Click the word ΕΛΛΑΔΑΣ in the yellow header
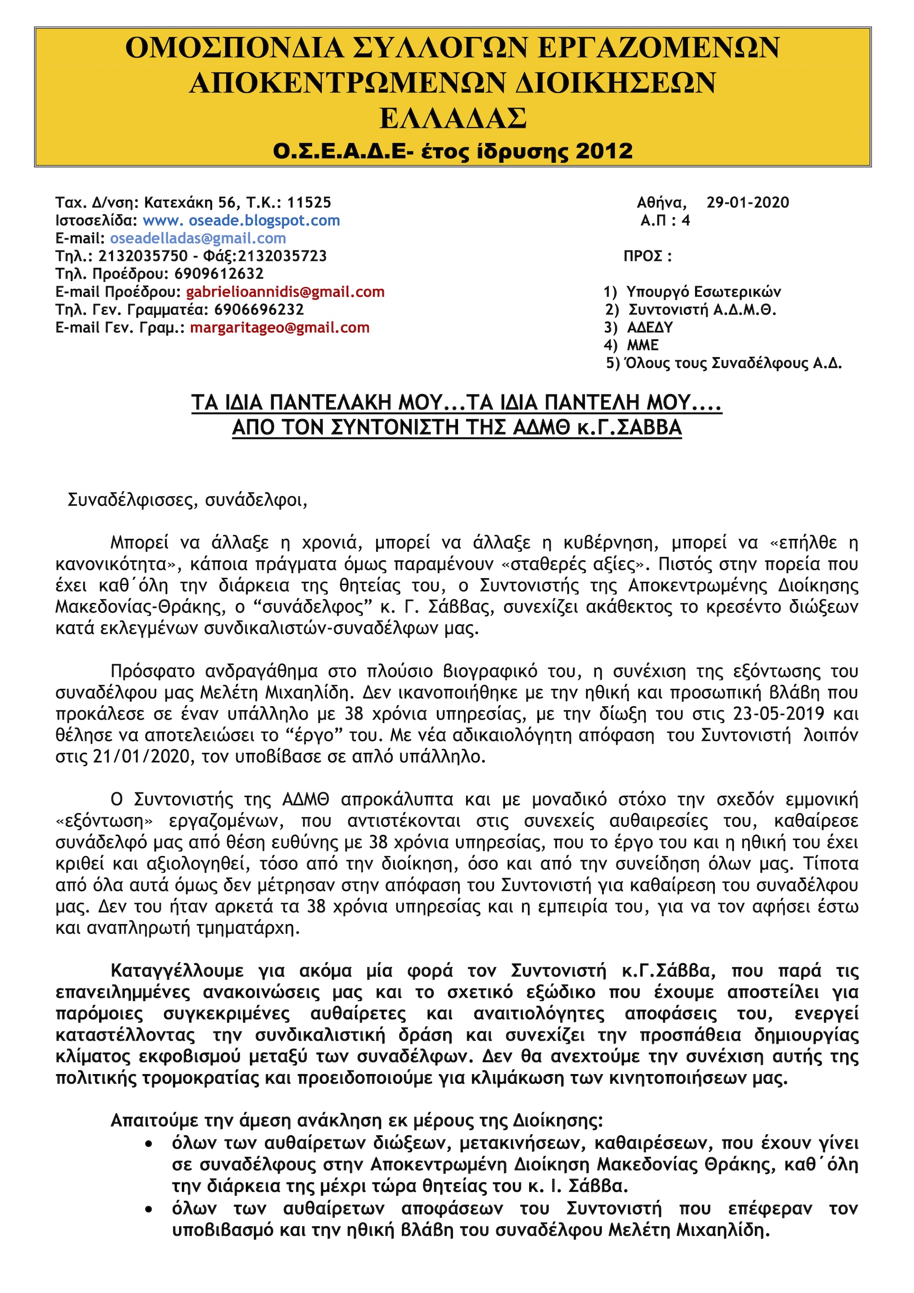[453, 118]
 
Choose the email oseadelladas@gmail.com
[198, 238]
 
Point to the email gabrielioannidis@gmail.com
[286, 292]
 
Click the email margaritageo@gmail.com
[280, 328]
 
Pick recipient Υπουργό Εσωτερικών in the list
[703, 292]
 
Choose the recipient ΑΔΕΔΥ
[650, 328]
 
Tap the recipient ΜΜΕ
[643, 345]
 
